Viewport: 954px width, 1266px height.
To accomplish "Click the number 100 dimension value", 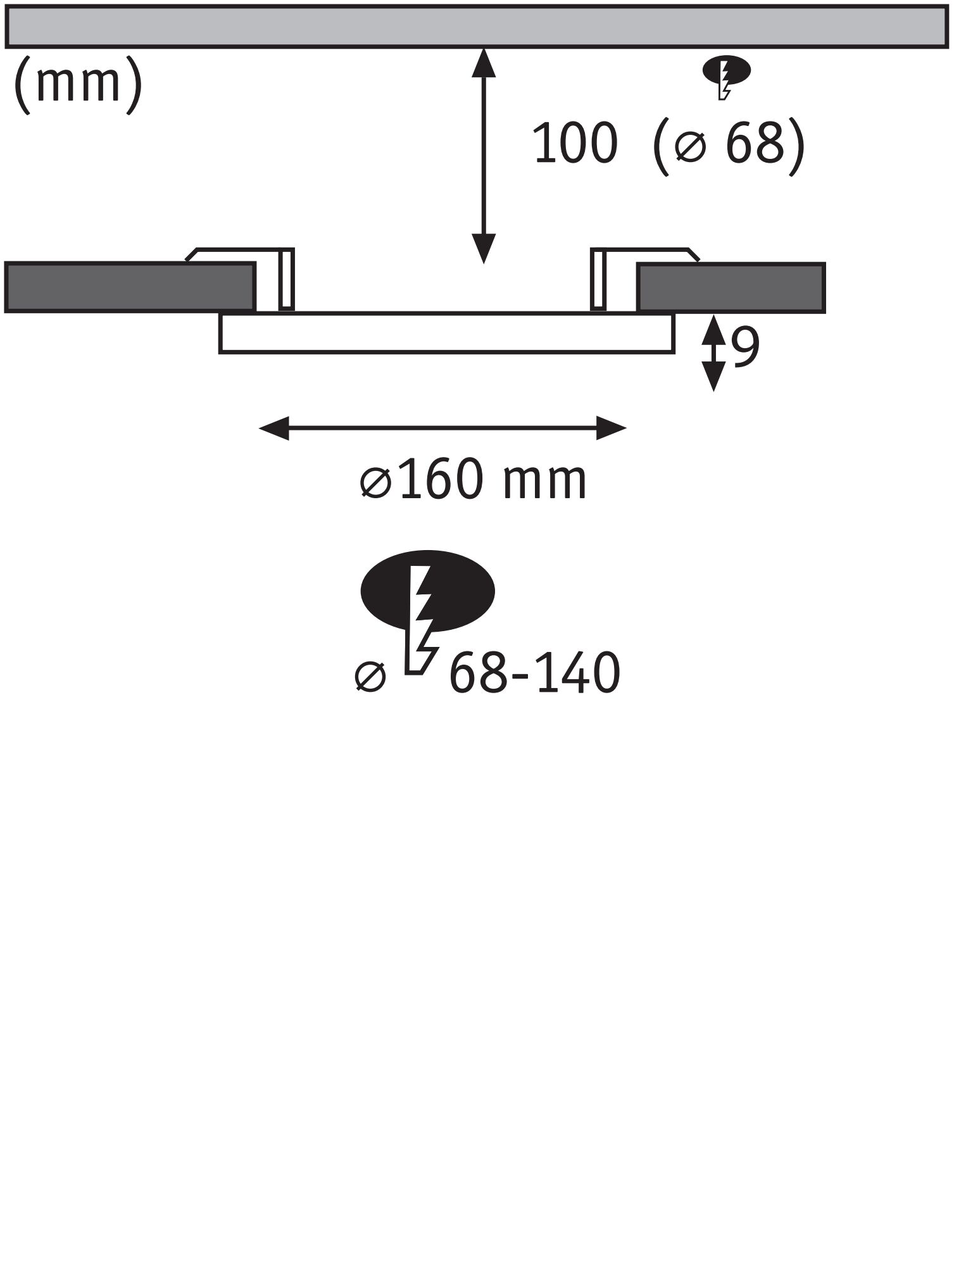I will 575,145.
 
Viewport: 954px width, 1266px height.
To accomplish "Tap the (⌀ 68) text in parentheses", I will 729,145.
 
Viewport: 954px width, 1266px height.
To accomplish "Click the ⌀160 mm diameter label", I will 474,481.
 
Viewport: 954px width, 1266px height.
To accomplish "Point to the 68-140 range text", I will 534,675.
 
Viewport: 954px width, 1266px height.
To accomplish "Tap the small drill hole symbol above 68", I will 726,75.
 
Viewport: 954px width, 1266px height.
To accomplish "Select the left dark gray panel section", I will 130,287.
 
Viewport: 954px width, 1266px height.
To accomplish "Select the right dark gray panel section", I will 731,287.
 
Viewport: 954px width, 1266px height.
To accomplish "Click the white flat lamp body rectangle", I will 446,333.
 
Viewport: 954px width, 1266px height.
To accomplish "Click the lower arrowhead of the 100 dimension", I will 484,248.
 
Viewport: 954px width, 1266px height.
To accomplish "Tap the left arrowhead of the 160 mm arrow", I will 274,429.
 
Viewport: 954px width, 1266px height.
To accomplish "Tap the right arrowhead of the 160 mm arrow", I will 611,429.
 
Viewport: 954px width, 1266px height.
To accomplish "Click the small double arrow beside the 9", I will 714,353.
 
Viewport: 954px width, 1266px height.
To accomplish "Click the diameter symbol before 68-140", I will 370,677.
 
